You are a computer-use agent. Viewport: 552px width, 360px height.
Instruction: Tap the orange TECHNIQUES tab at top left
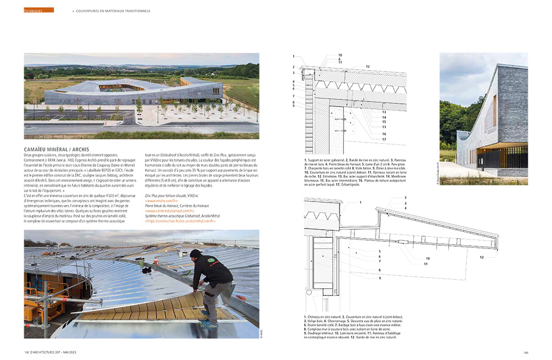(39, 10)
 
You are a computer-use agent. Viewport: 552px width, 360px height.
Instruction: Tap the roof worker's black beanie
(194, 253)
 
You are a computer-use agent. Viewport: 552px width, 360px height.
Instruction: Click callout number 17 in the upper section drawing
(384, 140)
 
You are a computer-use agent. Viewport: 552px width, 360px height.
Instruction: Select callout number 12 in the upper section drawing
(367, 66)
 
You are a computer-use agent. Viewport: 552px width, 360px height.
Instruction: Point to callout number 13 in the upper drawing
(384, 110)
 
